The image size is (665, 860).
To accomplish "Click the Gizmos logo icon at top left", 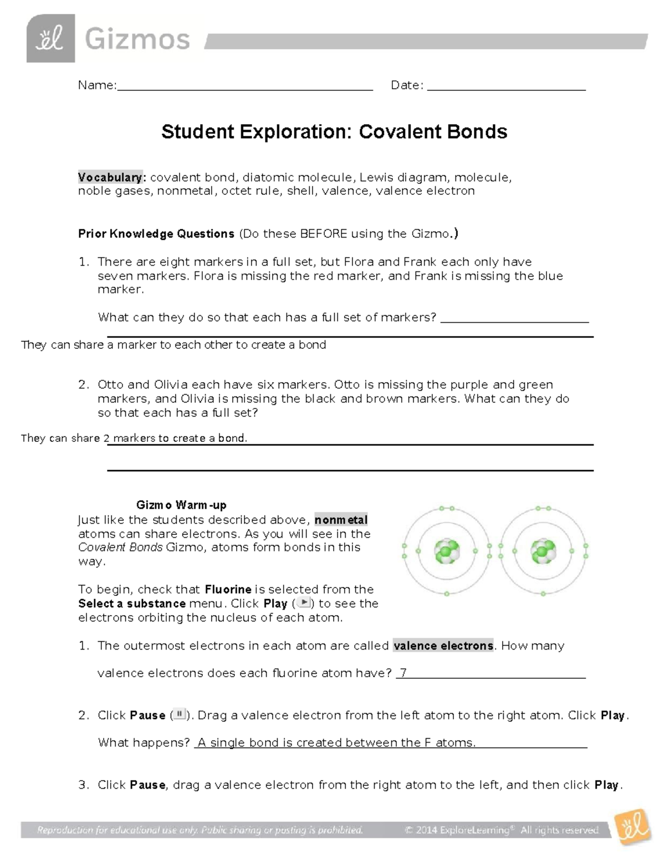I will [50, 39].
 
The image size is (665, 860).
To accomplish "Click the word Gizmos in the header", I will [137, 40].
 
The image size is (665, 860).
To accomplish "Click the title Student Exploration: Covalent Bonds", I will [334, 132].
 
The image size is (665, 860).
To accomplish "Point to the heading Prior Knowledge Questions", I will [156, 234].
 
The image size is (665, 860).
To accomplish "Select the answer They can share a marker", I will [173, 345].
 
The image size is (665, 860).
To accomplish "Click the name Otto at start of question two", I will [110, 384].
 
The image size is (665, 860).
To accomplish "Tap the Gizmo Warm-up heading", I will [181, 505].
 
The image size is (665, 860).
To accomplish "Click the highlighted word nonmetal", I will [341, 520].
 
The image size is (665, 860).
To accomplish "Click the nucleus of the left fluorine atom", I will [446, 552].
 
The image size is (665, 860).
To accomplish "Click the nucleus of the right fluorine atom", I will [543, 552].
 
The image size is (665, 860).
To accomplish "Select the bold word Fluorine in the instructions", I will [228, 589].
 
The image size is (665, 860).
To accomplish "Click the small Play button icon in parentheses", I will [304, 603].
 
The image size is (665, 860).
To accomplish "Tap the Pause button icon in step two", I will [179, 714].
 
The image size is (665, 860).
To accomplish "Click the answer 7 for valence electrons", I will [403, 673].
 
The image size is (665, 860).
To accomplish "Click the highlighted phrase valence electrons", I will [443, 646].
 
